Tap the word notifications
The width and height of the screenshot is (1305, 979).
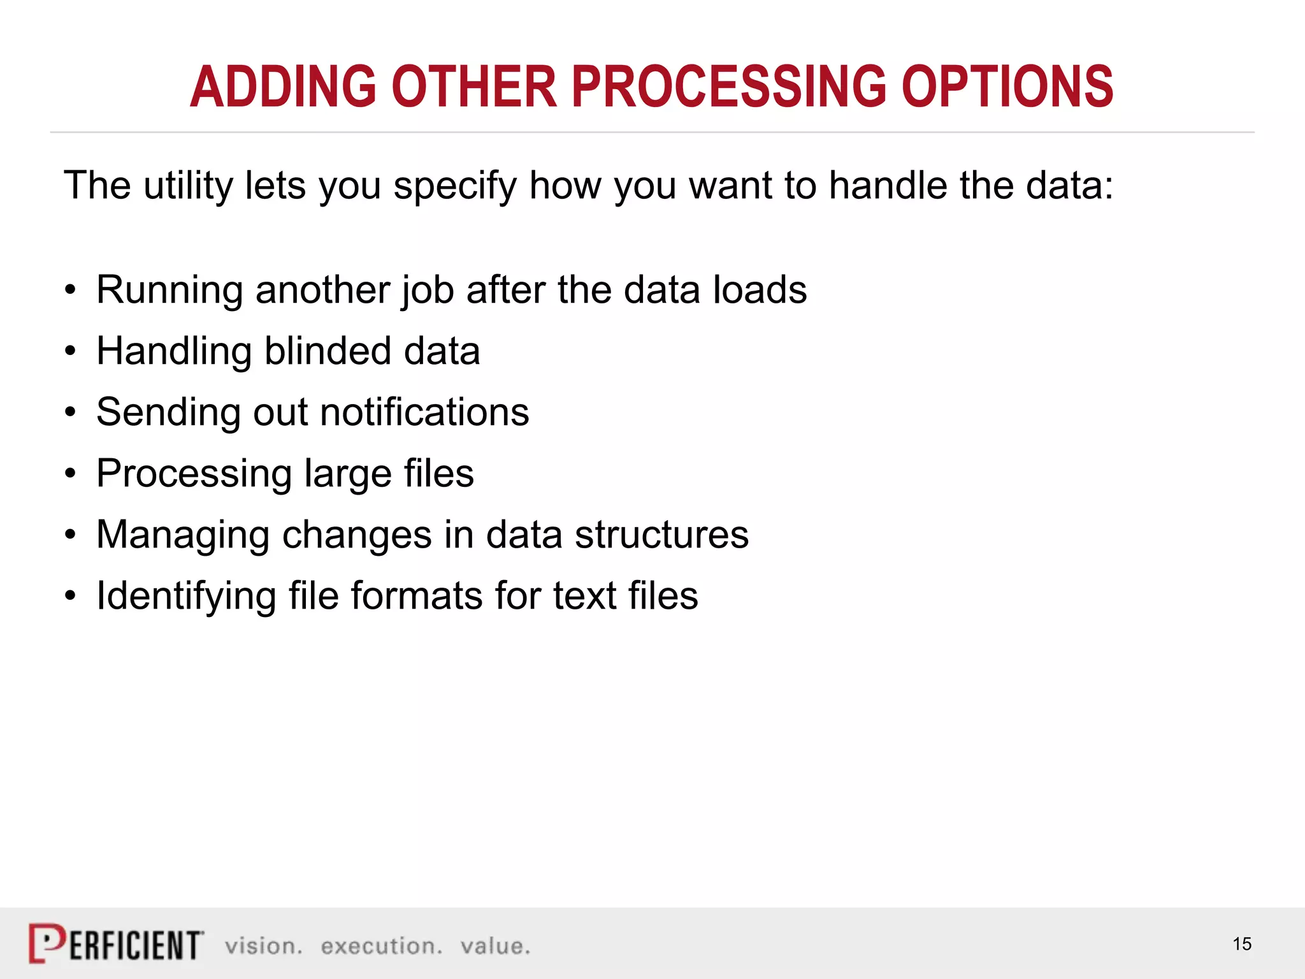pos(424,412)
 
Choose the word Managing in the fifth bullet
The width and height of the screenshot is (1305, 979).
pos(183,535)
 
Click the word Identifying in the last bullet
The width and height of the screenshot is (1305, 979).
pos(185,597)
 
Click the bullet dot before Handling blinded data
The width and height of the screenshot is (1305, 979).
pos(71,352)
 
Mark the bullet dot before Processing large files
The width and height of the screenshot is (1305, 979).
pos(71,474)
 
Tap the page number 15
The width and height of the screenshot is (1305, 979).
pos(1242,944)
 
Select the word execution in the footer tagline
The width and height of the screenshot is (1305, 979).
pos(381,946)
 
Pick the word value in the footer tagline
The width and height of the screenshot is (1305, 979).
pos(495,946)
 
